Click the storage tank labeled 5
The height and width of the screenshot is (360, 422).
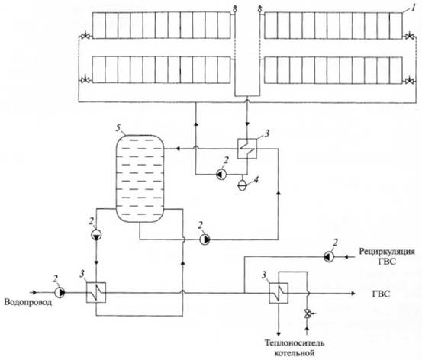coord(140,178)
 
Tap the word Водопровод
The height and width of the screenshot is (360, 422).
coord(27,302)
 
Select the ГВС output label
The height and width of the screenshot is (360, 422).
coord(381,294)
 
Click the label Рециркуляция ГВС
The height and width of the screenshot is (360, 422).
coord(387,256)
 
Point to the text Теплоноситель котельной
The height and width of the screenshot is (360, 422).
coord(295,347)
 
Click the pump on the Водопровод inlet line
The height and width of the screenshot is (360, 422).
coord(60,292)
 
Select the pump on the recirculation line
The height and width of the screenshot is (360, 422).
coord(329,257)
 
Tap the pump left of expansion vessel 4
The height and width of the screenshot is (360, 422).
coord(221,175)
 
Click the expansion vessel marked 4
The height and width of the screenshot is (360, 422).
coord(242,185)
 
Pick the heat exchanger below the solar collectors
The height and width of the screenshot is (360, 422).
coord(247,149)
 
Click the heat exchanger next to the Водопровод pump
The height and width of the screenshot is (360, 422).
coord(96,292)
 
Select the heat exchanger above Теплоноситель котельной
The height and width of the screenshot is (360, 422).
coord(279,293)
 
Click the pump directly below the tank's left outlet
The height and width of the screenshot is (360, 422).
coord(96,235)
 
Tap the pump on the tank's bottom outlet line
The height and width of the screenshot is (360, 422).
coord(205,239)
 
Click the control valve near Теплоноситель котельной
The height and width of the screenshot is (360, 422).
coord(307,313)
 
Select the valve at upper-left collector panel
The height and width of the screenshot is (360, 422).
coord(85,36)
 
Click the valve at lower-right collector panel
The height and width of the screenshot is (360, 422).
coord(410,80)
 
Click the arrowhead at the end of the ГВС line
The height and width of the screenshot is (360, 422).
coord(353,294)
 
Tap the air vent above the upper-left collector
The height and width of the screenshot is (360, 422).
coord(235,8)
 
